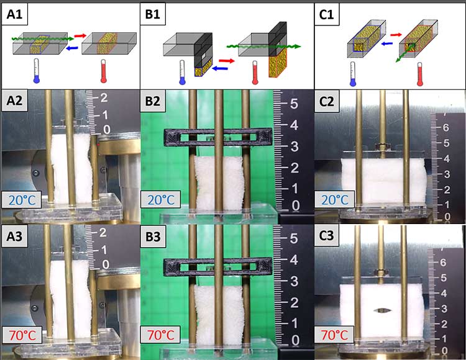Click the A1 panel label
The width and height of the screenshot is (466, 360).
[14, 14]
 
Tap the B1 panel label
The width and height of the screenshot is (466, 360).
[152, 14]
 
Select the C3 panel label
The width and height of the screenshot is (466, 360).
[326, 236]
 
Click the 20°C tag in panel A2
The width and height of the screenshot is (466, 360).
[22, 200]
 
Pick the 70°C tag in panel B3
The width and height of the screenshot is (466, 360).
[160, 335]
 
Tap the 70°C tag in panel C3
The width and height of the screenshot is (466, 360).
[334, 335]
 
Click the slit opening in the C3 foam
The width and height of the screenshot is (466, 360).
[383, 310]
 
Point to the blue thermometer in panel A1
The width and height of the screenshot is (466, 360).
[36, 71]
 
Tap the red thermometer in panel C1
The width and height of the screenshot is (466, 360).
[419, 74]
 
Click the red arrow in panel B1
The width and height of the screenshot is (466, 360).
[227, 61]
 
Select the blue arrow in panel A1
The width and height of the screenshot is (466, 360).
[73, 48]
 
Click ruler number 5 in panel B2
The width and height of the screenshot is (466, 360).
[294, 103]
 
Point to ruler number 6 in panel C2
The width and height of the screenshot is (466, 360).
[445, 128]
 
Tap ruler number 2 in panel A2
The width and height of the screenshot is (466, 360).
[104, 97]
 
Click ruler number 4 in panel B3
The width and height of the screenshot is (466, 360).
[294, 260]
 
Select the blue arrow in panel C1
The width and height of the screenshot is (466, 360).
[386, 43]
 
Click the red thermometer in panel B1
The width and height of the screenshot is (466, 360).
[255, 73]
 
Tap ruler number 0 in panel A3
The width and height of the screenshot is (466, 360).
[106, 264]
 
